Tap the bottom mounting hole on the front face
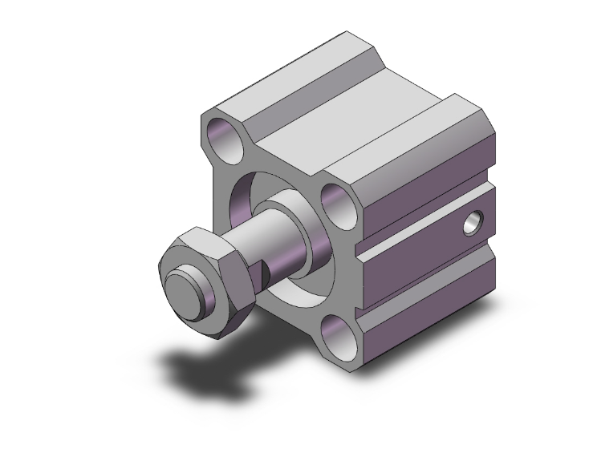339,337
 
